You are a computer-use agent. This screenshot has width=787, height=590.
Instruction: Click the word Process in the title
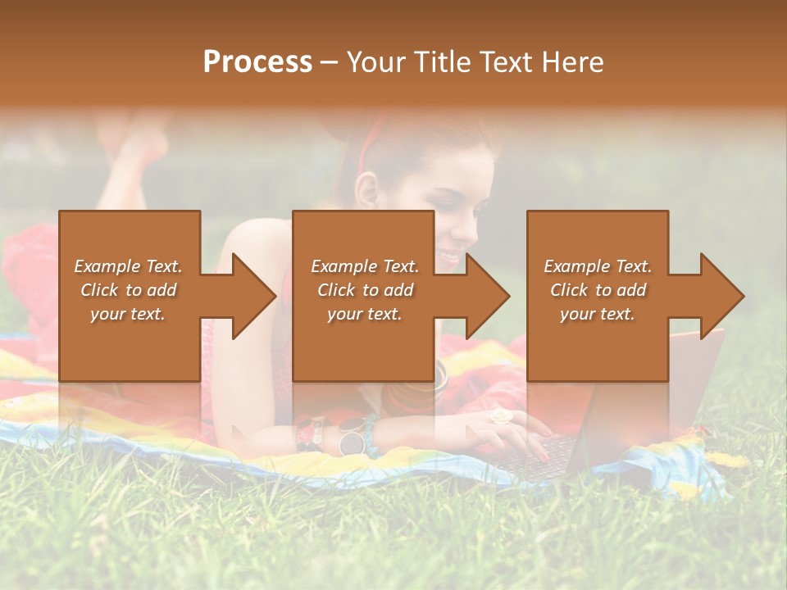[257, 62]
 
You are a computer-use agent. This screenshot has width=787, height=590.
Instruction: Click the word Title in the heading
[443, 62]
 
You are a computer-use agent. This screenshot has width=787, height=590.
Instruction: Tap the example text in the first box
[128, 290]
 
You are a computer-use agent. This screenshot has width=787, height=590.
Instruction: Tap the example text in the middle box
[365, 290]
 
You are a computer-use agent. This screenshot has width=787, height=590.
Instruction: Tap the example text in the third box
[598, 290]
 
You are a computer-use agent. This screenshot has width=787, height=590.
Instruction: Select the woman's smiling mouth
[450, 257]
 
